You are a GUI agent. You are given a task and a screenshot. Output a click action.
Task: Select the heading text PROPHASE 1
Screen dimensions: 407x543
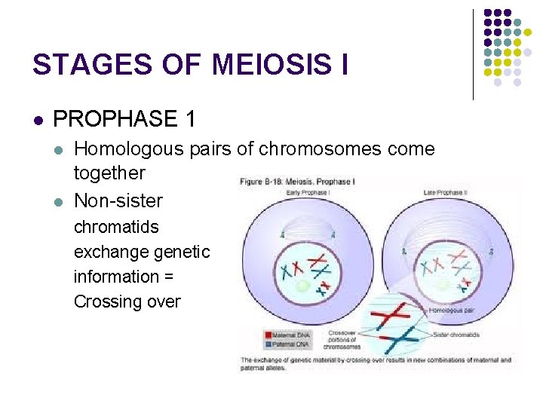click(124, 119)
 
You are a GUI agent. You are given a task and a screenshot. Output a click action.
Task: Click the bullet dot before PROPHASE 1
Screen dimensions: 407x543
click(38, 120)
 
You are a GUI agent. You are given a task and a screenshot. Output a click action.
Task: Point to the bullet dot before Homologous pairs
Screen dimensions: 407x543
click(60, 149)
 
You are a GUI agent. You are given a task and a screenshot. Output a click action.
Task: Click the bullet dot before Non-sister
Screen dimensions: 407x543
click(60, 200)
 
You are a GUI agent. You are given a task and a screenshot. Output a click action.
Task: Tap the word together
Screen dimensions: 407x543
click(109, 173)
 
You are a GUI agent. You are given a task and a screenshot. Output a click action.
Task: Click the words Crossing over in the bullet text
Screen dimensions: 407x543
click(127, 301)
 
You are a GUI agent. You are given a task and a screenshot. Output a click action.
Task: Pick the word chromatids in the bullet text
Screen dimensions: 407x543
click(116, 226)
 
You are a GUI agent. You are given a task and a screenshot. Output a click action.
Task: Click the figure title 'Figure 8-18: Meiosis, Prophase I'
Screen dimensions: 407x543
click(298, 182)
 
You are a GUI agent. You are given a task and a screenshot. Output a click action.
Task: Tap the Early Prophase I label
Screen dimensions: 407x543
click(306, 193)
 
